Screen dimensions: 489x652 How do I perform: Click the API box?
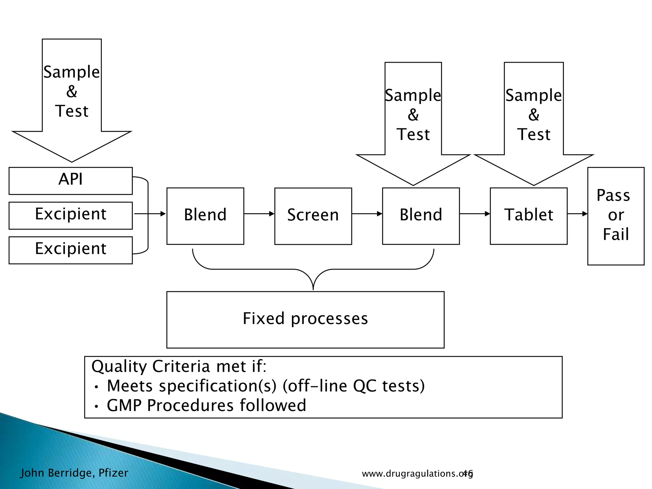click(70, 181)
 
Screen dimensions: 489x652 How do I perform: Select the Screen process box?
click(313, 216)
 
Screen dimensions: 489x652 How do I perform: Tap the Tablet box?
click(528, 216)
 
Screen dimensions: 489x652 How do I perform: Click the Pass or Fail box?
click(615, 216)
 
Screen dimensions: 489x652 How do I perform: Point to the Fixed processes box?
click(305, 319)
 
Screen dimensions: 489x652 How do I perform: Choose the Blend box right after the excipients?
click(205, 216)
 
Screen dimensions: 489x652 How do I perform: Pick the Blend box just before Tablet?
click(421, 216)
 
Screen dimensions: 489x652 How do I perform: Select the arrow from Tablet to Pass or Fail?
click(577, 214)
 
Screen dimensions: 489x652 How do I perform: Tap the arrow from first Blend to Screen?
click(259, 214)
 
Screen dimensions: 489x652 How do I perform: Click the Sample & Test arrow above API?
click(72, 96)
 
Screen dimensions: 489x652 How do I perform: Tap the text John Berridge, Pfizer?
click(74, 473)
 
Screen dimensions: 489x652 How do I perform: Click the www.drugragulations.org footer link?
click(414, 474)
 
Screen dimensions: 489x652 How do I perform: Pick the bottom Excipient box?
click(70, 250)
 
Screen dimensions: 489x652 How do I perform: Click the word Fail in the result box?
click(616, 234)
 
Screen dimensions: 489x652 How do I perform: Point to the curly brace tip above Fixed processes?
click(313, 288)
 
